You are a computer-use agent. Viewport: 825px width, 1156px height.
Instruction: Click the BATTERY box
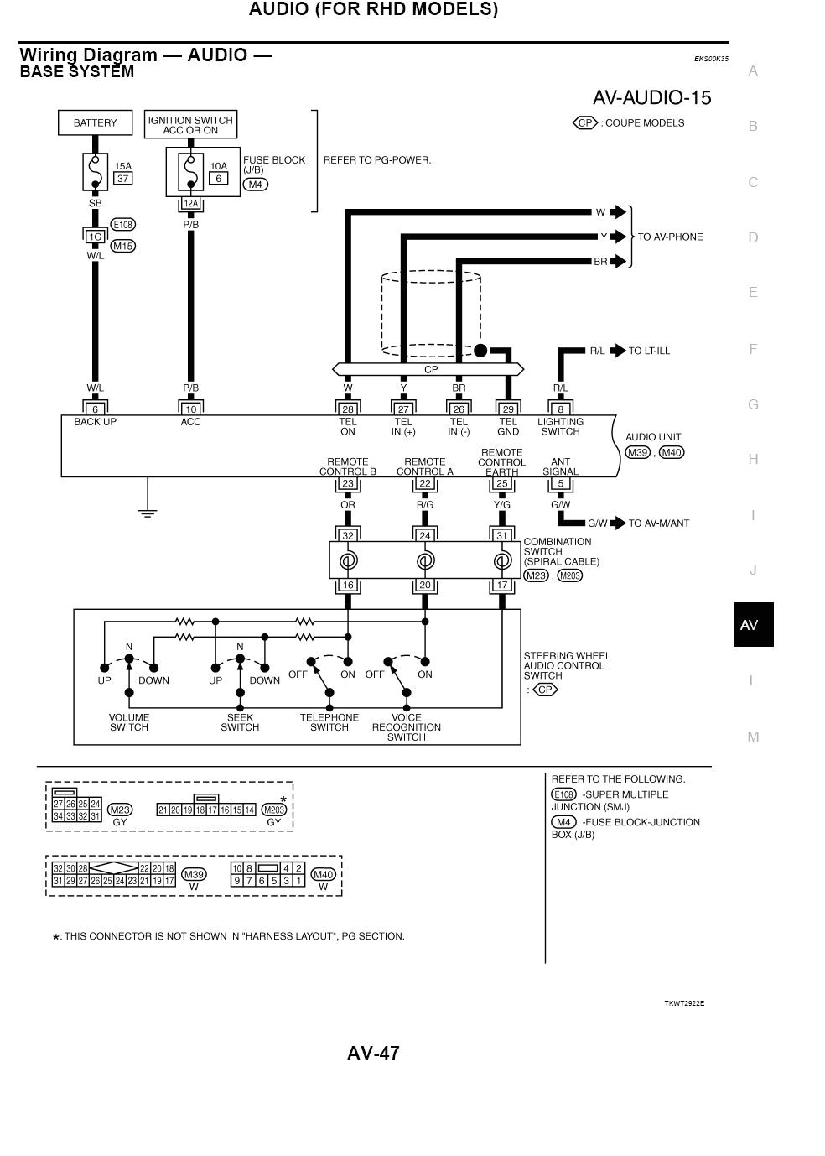[x=95, y=122]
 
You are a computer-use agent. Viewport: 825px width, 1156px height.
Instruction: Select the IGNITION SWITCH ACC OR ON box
[x=190, y=125]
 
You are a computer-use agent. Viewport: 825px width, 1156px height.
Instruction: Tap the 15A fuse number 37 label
[x=123, y=179]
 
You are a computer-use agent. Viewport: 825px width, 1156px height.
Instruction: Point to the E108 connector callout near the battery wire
[x=123, y=225]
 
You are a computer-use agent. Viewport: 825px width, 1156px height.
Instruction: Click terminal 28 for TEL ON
[x=347, y=409]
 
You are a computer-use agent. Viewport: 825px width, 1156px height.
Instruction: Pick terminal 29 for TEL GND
[x=508, y=409]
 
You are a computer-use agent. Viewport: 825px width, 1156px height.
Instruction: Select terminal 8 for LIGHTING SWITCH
[x=560, y=409]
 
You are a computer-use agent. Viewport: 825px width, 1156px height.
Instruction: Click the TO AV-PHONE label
[x=670, y=237]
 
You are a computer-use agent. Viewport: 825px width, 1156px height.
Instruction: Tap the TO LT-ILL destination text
[x=649, y=351]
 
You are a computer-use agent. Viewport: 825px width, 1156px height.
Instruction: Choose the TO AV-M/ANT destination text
[x=658, y=523]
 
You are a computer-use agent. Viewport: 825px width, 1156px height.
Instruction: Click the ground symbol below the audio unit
[x=148, y=510]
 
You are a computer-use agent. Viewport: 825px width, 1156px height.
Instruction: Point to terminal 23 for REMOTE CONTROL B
[x=347, y=484]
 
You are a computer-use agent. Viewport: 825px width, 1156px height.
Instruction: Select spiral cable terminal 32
[x=347, y=535]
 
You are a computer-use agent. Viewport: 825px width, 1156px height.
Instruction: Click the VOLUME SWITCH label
[x=129, y=722]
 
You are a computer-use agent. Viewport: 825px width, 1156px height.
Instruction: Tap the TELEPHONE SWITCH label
[x=329, y=722]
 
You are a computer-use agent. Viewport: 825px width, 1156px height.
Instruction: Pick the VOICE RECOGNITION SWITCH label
[x=407, y=727]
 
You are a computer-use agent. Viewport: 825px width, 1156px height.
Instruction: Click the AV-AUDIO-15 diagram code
[x=651, y=98]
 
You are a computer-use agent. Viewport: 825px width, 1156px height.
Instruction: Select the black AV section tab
[x=753, y=624]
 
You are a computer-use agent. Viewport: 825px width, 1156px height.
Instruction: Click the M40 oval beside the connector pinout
[x=323, y=874]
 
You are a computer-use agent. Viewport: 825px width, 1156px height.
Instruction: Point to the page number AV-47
[x=373, y=1053]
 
